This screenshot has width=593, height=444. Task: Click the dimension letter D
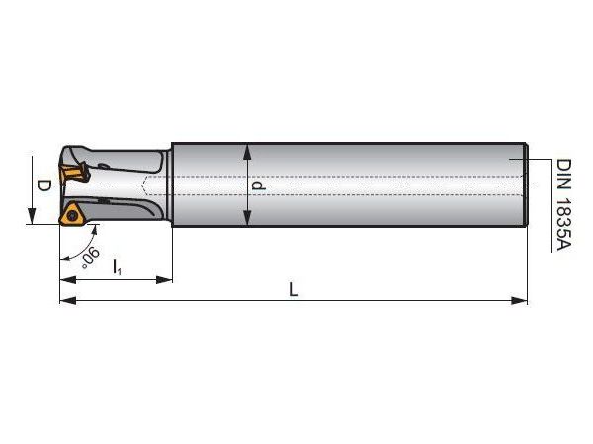[43, 185]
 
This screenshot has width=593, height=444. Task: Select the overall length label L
[294, 289]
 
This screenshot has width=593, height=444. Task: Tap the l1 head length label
[117, 267]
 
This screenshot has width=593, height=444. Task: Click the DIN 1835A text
[563, 204]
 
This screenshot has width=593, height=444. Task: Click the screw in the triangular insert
[72, 216]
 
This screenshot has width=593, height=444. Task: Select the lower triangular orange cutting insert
[71, 214]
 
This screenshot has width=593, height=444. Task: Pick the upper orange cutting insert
[73, 174]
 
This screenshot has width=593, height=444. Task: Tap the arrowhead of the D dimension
[33, 216]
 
